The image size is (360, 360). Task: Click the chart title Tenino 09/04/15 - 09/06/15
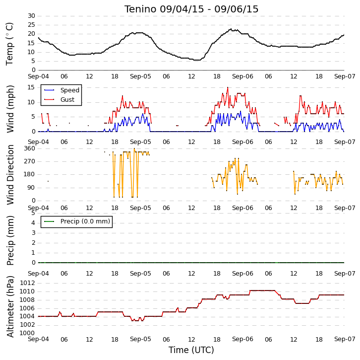click(191, 9)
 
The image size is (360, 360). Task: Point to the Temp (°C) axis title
click(9, 44)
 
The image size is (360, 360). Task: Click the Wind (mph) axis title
click(10, 109)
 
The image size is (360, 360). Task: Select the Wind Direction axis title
click(10, 175)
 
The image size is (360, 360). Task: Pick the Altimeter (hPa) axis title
click(10, 307)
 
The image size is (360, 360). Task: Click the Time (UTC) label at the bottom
click(191, 350)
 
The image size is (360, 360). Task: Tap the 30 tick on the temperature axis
click(31, 16)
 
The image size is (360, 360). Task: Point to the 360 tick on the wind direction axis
click(30, 148)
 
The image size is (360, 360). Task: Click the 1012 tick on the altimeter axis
click(27, 283)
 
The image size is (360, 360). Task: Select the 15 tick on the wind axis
click(31, 87)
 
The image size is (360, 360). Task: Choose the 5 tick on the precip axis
click(33, 213)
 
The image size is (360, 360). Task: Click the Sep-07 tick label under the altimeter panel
click(345, 339)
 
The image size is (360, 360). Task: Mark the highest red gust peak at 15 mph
click(228, 87)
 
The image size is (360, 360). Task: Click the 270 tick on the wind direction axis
click(30, 161)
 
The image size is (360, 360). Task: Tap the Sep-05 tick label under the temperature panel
click(140, 76)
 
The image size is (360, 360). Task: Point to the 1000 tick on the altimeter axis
click(27, 333)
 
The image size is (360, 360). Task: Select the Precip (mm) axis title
click(10, 240)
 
